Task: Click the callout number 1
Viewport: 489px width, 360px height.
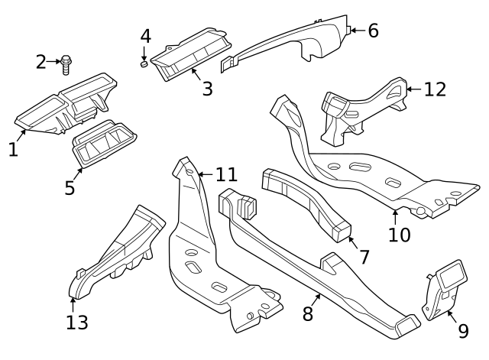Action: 13,149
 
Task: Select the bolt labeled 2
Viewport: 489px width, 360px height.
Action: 66,63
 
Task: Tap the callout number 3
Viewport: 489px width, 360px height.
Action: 207,89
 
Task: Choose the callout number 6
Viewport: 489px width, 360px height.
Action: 373,31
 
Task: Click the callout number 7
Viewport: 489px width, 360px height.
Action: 364,258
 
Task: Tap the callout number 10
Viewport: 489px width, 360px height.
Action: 399,234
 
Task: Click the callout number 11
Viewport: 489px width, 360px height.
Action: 225,175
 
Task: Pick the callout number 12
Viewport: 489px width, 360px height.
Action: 434,89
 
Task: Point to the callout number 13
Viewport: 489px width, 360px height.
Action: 76,322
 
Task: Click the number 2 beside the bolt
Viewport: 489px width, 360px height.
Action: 41,62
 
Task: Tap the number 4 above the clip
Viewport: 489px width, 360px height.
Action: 145,36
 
